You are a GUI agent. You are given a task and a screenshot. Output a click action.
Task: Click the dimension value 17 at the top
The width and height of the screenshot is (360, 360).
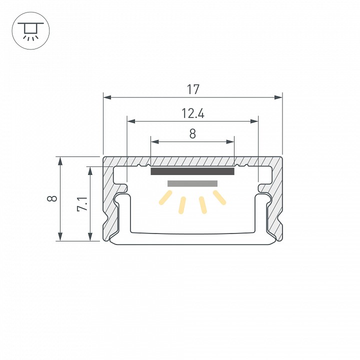point(193,89)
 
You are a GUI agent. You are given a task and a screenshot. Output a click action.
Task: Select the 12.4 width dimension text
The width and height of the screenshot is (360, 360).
point(192,113)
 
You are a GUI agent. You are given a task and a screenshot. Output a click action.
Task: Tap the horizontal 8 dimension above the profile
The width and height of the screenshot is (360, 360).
point(192,134)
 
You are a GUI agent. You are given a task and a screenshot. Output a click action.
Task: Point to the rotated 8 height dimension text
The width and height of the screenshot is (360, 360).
point(52,198)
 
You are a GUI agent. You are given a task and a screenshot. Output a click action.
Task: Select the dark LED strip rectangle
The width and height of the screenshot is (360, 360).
point(192,172)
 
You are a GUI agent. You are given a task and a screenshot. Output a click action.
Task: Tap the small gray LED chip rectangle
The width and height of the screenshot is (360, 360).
point(192,183)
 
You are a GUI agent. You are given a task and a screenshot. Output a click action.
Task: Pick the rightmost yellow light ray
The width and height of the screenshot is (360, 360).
point(219,197)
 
